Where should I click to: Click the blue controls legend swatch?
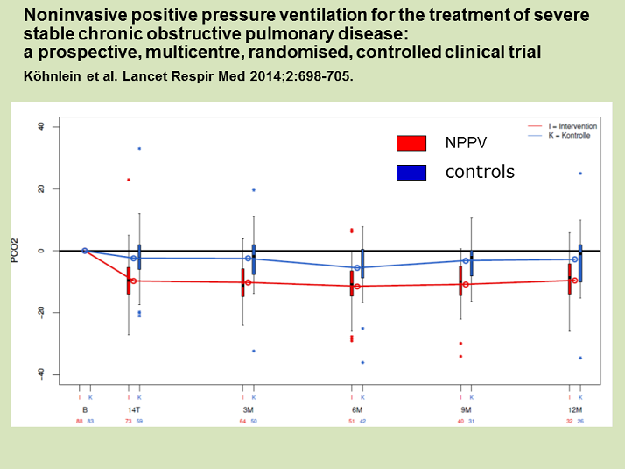pyautogui.click(x=411, y=173)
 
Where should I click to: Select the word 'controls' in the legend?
pyautogui.click(x=480, y=172)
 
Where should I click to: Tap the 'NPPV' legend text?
pyautogui.click(x=467, y=143)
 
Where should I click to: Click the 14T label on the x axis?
pyautogui.click(x=134, y=409)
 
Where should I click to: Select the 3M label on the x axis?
pyautogui.click(x=249, y=409)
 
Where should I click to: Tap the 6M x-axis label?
pyautogui.click(x=357, y=409)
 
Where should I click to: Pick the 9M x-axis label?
pyautogui.click(x=466, y=409)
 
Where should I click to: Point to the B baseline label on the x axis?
pyautogui.click(x=85, y=409)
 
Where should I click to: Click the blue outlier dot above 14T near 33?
pyautogui.click(x=139, y=148)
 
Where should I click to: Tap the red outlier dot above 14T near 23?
pyautogui.click(x=129, y=180)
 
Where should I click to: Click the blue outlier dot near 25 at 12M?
pyautogui.click(x=580, y=174)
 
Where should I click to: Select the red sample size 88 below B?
pyautogui.click(x=80, y=421)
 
